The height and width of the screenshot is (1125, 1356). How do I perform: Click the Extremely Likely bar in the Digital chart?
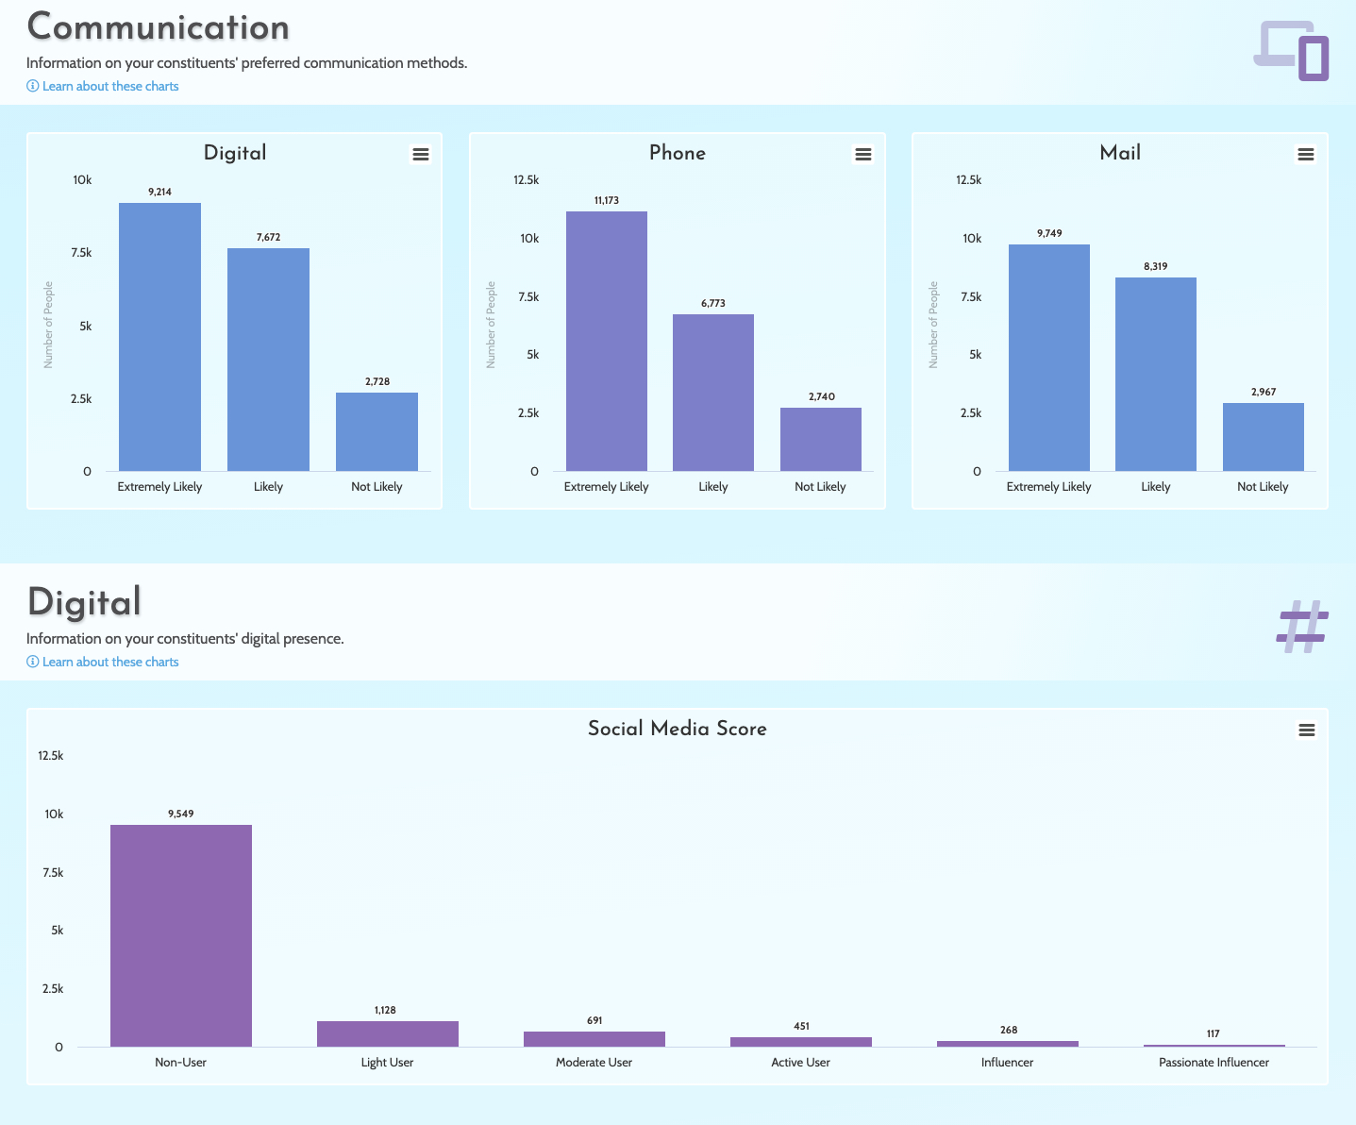point(159,337)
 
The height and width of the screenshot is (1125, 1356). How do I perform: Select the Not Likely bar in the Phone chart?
point(820,439)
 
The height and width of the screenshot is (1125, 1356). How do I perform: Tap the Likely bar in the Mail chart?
point(1155,374)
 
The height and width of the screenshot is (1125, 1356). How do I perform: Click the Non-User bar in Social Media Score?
point(180,935)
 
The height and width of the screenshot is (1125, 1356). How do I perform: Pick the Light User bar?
point(387,1033)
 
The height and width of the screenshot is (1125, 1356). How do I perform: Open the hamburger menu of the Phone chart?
point(862,155)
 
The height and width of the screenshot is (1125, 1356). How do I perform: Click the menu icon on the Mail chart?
point(1305,155)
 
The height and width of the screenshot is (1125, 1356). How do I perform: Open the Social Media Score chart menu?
point(1306,730)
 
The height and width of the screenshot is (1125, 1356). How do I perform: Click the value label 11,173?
point(607,200)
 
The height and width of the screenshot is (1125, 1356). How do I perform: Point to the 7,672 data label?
point(268,237)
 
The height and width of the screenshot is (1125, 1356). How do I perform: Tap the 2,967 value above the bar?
point(1263,392)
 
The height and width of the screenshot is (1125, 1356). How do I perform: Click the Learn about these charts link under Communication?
point(109,86)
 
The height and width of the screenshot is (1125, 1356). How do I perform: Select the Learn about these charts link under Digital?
point(109,662)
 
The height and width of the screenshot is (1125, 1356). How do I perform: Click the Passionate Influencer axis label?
point(1213,1063)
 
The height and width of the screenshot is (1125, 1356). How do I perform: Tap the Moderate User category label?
point(594,1063)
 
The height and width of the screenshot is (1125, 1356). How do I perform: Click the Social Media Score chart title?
point(677,729)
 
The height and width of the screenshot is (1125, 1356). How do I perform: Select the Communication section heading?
point(158,27)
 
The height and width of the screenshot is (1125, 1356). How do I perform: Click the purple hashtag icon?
point(1302,627)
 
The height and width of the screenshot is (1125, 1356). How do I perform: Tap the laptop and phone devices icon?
point(1292,51)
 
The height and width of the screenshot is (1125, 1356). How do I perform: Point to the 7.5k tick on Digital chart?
point(81,253)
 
